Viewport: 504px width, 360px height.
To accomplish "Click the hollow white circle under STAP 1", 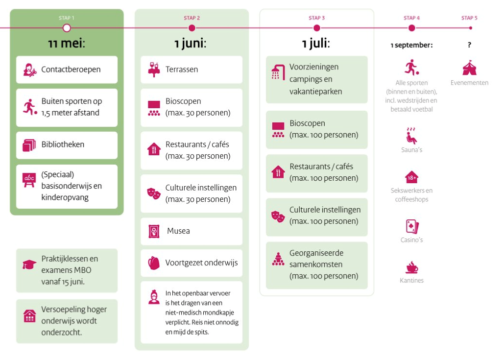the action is tap(67, 28).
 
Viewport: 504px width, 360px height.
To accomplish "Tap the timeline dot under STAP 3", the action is tap(316, 28).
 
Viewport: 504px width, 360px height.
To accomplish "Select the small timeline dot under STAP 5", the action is tap(471, 28).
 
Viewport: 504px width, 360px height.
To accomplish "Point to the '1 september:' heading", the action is tap(411, 45).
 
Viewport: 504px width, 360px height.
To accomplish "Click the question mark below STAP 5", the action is tap(470, 45).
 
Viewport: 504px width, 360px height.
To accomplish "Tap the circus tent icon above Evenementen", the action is tap(469, 68).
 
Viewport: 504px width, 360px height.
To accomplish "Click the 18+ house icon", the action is tap(411, 177).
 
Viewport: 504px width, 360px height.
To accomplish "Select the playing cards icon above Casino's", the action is tap(412, 226).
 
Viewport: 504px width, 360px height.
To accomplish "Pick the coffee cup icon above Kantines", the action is tap(412, 267).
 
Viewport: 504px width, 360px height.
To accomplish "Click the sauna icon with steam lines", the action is tap(411, 135).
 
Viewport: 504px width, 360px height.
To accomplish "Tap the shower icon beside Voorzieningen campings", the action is tap(278, 72).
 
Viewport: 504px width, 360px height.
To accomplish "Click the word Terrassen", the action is tap(182, 70).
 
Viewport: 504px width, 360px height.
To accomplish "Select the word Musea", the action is tap(178, 231).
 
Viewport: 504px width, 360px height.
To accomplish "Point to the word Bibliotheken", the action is tap(63, 144).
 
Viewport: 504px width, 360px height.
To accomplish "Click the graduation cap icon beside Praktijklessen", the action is tap(29, 264).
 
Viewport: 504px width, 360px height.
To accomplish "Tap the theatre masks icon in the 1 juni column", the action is tap(154, 193).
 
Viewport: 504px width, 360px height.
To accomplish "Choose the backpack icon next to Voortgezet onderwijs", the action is tap(154, 263).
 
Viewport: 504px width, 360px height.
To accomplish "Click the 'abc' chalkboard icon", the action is tap(29, 180).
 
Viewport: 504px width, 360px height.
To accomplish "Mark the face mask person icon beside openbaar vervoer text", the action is tap(154, 297).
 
